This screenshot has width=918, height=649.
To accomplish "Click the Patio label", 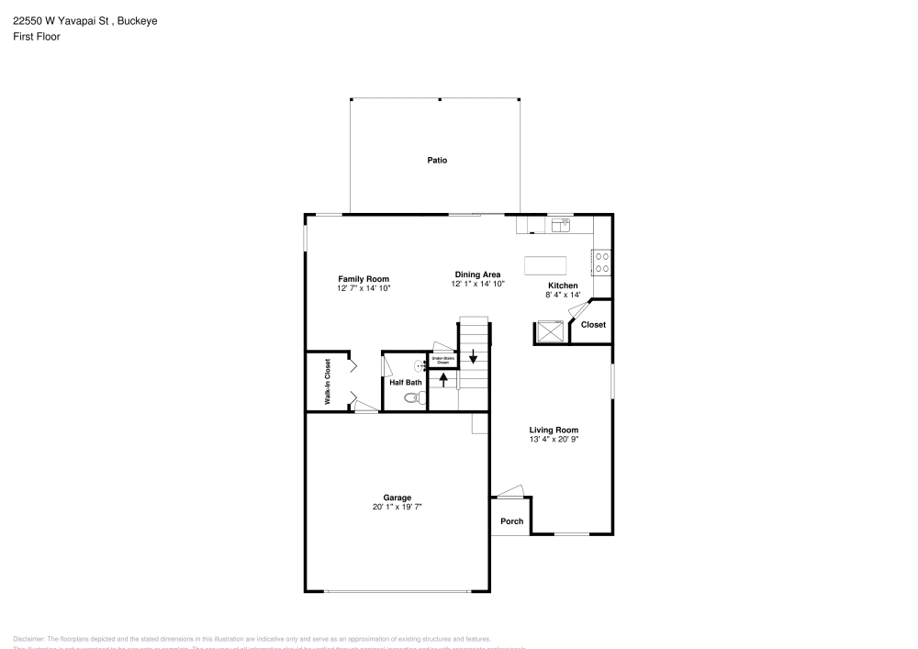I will tap(437, 160).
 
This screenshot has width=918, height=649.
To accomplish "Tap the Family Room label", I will tap(364, 279).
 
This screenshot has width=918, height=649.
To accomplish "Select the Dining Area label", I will tap(477, 274).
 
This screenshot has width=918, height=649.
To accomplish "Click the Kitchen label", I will tap(563, 285).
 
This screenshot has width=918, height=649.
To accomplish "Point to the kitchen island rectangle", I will tap(545, 265).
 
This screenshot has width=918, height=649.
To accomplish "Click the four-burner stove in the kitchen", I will tap(602, 263).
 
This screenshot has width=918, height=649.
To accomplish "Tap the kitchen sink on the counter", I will tap(560, 222).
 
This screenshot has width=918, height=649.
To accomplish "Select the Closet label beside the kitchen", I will tap(593, 325).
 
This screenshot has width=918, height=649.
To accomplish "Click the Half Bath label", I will tap(406, 382).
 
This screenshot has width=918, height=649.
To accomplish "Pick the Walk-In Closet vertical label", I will tap(327, 382).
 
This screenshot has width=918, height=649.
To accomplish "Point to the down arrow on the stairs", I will tap(474, 356).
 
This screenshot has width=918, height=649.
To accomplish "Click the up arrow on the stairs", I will tap(444, 379).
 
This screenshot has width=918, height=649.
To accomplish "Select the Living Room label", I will tap(554, 430).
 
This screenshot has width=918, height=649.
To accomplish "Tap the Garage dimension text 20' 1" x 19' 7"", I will tap(397, 507).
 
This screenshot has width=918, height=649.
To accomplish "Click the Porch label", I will tap(511, 521).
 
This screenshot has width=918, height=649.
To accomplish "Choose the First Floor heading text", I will tap(37, 37).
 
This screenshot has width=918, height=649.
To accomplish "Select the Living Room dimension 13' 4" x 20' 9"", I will tap(554, 439).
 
